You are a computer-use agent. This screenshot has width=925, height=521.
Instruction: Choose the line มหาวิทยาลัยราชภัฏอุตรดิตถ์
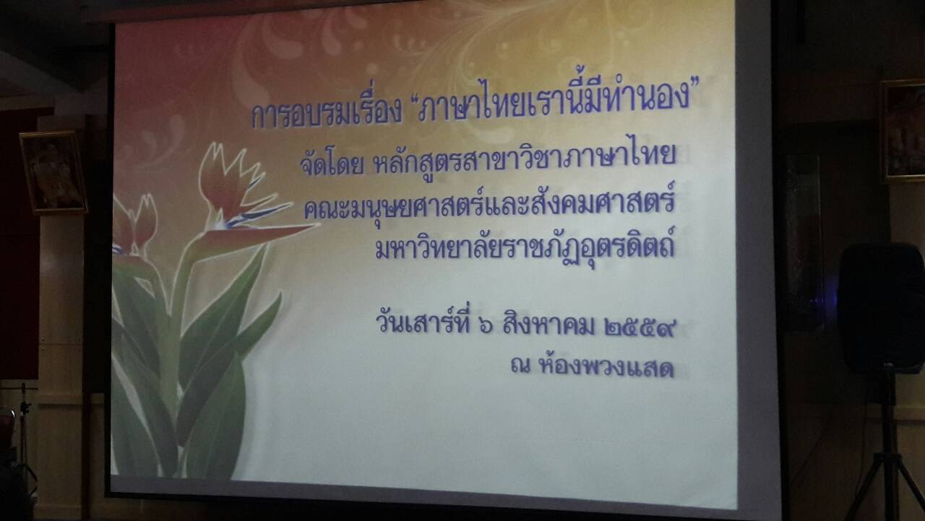tap(525, 246)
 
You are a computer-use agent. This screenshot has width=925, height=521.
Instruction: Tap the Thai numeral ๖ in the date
tap(486, 326)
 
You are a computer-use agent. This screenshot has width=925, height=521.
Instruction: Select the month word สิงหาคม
tap(549, 323)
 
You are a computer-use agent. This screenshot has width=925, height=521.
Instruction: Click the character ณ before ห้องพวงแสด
tap(520, 366)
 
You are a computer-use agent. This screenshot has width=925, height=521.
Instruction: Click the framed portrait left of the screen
tap(53, 171)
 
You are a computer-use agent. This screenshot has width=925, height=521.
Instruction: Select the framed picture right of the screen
tap(904, 130)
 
